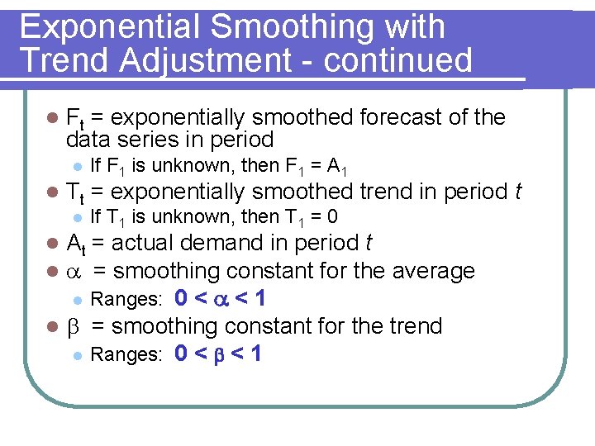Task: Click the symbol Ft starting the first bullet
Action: pos(75,119)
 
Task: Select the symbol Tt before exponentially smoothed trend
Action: pos(75,193)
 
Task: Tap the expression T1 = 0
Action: pos(310,217)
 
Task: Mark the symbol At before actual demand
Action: pos(75,244)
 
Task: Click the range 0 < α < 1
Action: pos(219,298)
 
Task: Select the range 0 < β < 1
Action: pos(219,354)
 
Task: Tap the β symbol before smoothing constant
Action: pos(71,327)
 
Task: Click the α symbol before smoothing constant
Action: pos(72,272)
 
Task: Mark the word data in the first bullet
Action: pos(91,139)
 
